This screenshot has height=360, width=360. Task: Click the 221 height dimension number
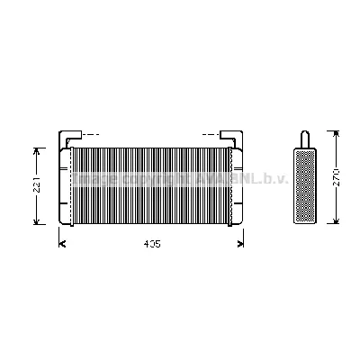point(36,185)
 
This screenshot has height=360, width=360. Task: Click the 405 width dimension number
point(151,244)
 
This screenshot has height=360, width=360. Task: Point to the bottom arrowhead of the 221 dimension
point(37,221)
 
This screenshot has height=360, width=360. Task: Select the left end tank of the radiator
point(66,184)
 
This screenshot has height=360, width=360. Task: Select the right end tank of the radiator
point(238,184)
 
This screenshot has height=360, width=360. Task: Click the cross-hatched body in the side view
point(305,184)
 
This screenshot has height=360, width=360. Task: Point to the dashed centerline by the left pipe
point(88,133)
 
